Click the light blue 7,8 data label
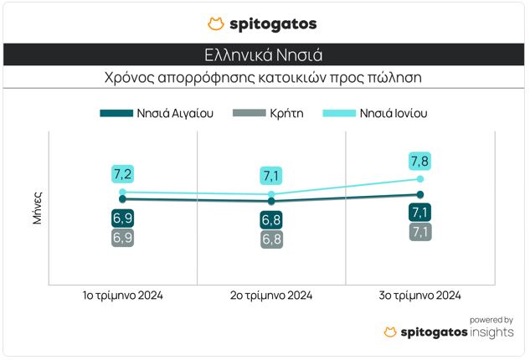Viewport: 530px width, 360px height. click(x=420, y=159)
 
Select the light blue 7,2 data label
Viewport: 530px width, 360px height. click(x=122, y=174)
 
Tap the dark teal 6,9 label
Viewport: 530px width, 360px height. click(x=122, y=218)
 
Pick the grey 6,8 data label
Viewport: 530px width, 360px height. click(x=271, y=239)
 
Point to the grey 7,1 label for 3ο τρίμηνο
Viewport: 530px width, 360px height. click(x=420, y=232)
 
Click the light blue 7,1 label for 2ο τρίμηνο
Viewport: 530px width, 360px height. click(x=271, y=176)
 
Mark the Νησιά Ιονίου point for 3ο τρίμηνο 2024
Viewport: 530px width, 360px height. click(x=420, y=178)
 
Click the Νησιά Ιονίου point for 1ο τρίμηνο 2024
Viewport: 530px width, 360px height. click(x=122, y=192)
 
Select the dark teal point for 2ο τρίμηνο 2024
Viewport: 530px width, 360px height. click(x=271, y=201)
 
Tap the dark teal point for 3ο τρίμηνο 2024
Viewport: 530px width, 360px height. click(x=420, y=194)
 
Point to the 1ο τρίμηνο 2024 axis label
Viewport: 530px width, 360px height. click(x=122, y=296)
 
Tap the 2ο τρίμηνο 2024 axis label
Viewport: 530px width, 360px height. click(x=271, y=296)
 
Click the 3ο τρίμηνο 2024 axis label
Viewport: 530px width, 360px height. click(x=420, y=296)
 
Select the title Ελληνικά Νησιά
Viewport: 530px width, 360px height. click(x=264, y=55)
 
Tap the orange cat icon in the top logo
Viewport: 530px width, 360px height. click(x=215, y=23)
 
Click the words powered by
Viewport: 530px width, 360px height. click(x=491, y=319)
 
